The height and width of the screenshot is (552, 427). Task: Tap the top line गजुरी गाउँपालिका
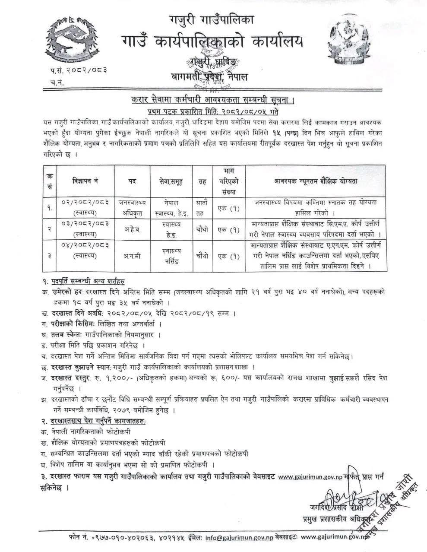pyautogui.click(x=212, y=19)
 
